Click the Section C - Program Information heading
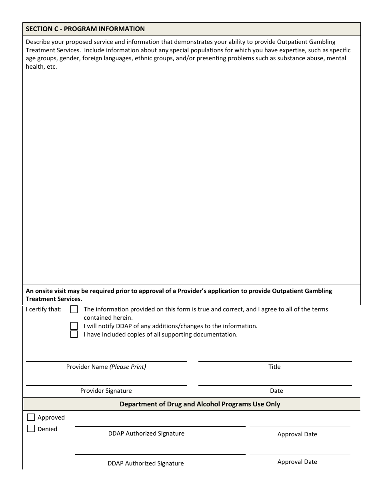85,29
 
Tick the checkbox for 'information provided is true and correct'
74,309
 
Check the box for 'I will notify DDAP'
74,326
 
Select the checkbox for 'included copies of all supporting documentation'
74,335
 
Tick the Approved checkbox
31,417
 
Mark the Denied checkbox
31,429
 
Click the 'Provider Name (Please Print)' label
106,367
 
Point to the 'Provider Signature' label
106,391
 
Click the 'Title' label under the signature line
274,367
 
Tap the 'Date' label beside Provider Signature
276,391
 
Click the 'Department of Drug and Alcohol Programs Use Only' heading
200,404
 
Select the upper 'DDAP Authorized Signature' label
146,434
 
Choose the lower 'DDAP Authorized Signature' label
146,463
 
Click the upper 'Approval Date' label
297,434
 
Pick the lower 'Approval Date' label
297,462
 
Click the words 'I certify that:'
44,309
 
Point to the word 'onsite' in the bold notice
44,291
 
